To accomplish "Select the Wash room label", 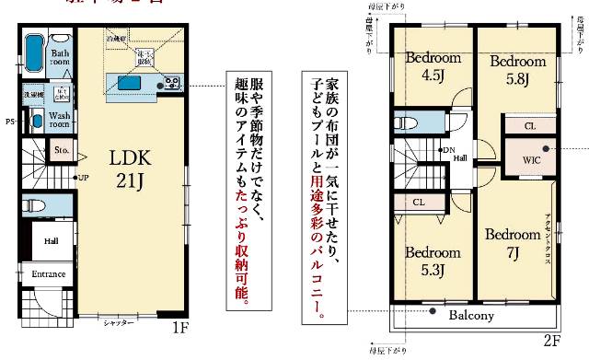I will [60, 121].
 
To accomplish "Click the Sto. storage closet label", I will [63, 149].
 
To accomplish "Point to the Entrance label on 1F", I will [49, 274].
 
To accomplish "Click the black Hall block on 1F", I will [50, 241].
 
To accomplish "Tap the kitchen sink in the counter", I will [125, 83].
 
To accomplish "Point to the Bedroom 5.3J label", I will [433, 261].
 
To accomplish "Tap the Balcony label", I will [471, 315].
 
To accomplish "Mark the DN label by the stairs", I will [449, 150].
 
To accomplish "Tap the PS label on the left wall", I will [9, 122].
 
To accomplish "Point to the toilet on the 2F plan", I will [406, 122].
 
